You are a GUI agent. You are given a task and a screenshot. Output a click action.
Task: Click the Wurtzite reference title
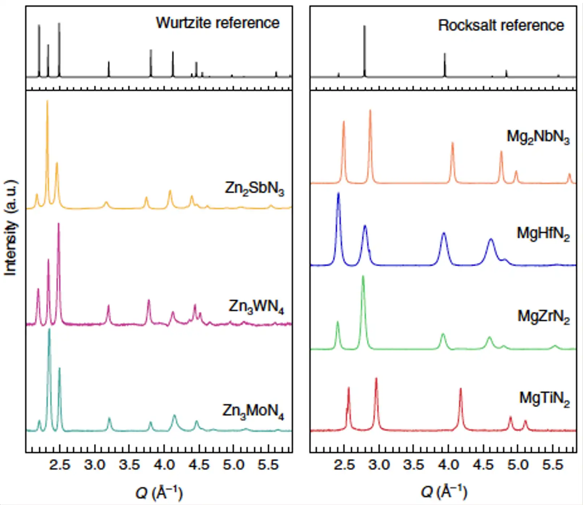point(217,23)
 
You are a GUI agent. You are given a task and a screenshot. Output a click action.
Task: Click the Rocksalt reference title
point(501,25)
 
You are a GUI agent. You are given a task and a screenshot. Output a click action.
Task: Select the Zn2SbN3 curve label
point(254,188)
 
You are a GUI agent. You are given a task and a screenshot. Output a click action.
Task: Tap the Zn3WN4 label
point(256,307)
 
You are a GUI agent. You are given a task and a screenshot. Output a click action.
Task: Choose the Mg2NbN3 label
point(538,137)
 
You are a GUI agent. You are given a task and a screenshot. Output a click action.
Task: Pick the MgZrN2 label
point(543,317)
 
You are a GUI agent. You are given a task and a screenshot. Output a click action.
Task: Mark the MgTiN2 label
point(544,398)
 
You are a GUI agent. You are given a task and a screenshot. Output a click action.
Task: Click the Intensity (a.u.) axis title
point(10,228)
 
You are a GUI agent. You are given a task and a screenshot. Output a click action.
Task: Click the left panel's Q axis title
point(159,492)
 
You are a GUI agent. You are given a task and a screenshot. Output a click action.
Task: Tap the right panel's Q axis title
point(444,492)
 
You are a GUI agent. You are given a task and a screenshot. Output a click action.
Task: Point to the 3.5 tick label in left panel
point(129,465)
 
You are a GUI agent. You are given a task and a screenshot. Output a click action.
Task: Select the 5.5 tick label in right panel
point(552,465)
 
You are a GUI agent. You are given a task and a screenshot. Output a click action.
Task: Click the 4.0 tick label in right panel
point(448,465)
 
